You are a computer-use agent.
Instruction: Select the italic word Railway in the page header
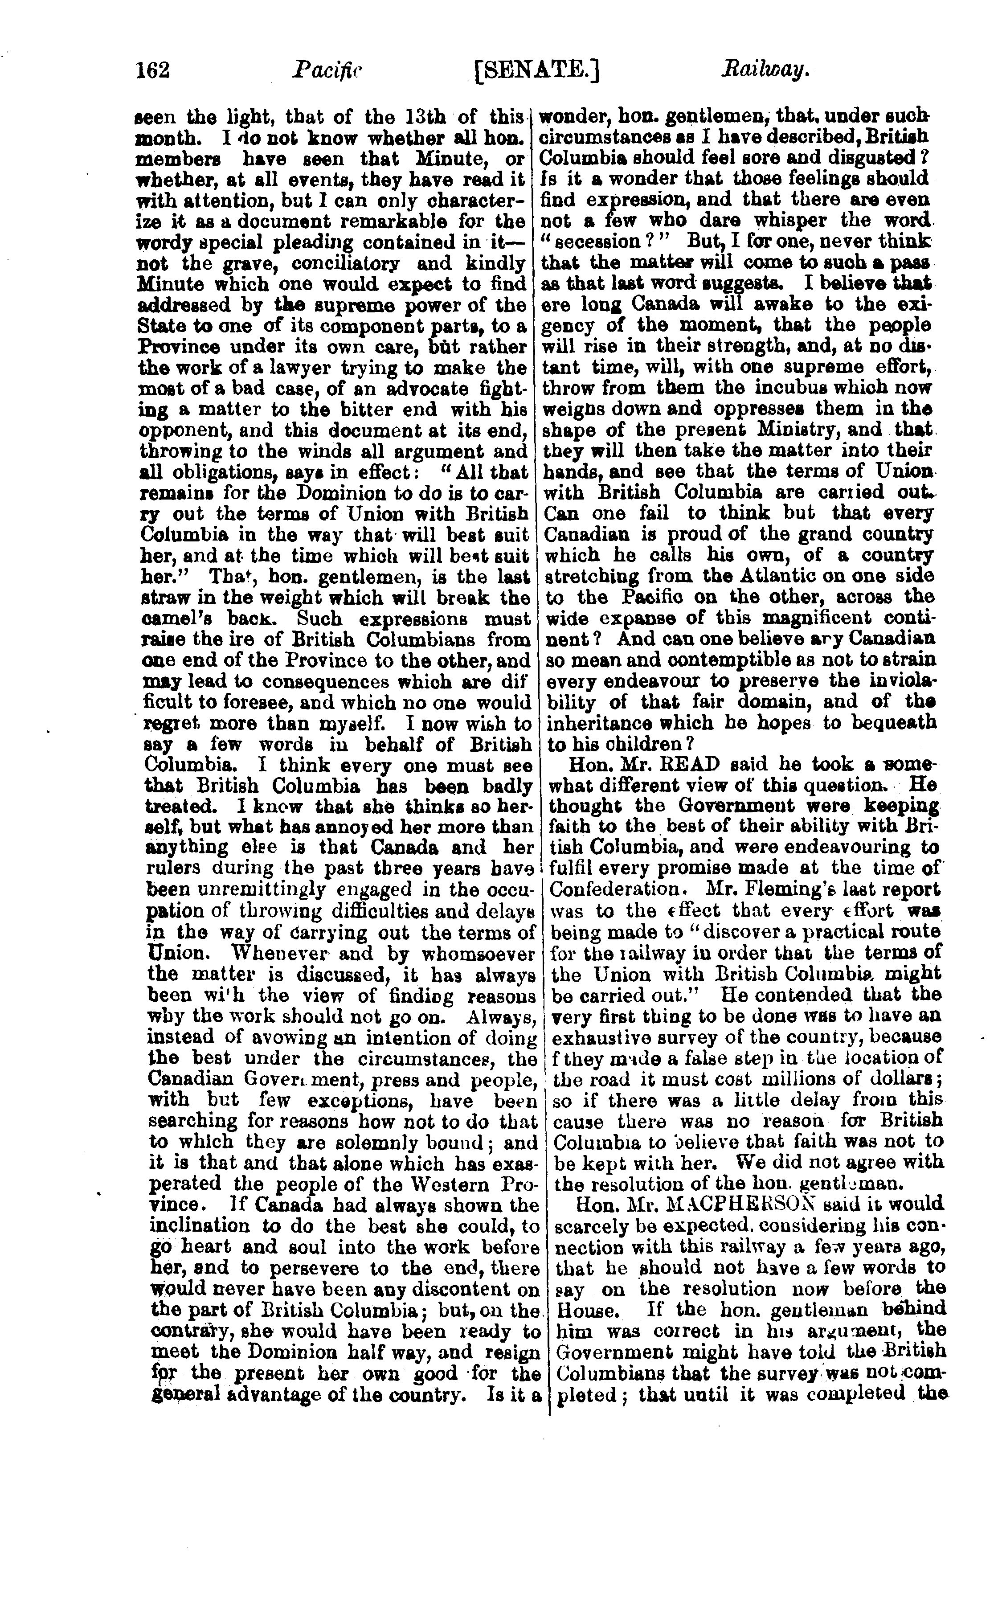point(765,70)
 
